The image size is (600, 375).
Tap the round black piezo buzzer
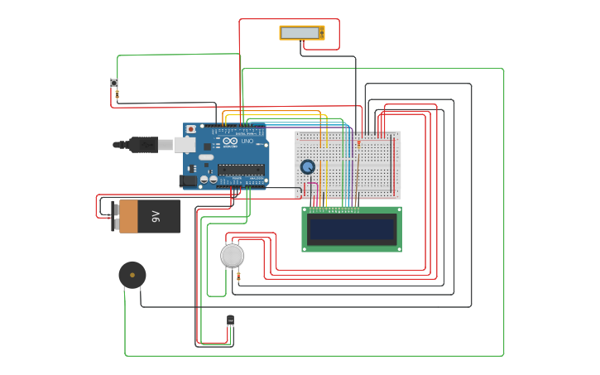click(x=132, y=275)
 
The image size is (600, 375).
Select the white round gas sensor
click(x=232, y=255)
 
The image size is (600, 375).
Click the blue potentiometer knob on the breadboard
click(x=307, y=166)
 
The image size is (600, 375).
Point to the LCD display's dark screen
click(x=351, y=228)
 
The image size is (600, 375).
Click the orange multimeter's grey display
click(x=300, y=32)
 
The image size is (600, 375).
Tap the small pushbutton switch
click(x=113, y=82)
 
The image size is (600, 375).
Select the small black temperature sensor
click(x=230, y=320)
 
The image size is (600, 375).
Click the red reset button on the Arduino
click(x=191, y=129)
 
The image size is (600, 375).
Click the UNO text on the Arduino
click(x=247, y=142)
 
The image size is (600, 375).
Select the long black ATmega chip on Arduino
click(x=241, y=169)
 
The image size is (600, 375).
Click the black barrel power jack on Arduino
click(x=188, y=180)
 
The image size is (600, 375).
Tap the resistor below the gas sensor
click(x=238, y=276)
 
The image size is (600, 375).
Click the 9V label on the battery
click(x=155, y=216)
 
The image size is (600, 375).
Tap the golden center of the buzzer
click(x=132, y=275)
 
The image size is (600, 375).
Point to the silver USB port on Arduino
click(x=185, y=144)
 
